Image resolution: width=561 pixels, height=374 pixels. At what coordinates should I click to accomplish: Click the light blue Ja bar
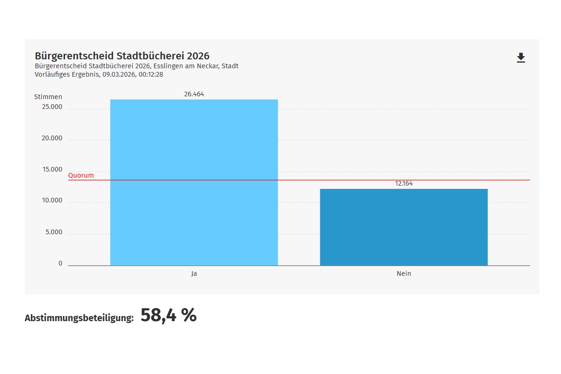pos(194,182)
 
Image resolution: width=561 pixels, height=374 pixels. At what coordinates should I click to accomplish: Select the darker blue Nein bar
pos(403,227)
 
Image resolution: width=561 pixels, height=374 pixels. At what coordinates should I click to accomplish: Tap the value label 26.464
pos(194,94)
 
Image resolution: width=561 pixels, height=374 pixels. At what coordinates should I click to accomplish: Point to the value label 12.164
pos(404,184)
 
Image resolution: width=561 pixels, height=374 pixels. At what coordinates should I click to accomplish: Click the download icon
pos(521,58)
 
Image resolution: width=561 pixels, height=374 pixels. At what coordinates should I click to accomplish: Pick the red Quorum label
pos(81,176)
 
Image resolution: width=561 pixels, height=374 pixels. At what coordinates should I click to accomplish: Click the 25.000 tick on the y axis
pos(52,107)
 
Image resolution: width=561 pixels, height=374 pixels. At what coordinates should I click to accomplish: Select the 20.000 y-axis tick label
pos(52,138)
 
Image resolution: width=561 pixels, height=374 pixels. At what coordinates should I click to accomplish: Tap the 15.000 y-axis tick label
pos(52,169)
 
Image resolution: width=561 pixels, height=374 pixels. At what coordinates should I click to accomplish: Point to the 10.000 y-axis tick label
pos(52,201)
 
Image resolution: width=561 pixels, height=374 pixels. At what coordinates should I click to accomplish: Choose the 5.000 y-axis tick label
pos(54,232)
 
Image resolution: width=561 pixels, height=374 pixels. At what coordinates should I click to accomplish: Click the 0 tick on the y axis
pos(60,264)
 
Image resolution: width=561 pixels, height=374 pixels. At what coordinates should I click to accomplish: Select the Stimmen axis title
pos(48,97)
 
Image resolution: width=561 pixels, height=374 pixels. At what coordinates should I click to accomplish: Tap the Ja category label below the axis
pos(194,273)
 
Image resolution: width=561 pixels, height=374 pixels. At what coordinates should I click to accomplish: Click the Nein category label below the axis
pos(404,273)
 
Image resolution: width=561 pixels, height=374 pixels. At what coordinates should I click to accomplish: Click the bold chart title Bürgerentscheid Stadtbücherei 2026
pos(122,56)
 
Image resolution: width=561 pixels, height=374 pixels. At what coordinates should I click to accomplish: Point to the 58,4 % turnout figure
pos(168,316)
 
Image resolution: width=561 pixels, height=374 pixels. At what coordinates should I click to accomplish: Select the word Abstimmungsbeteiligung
pos(79,318)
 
